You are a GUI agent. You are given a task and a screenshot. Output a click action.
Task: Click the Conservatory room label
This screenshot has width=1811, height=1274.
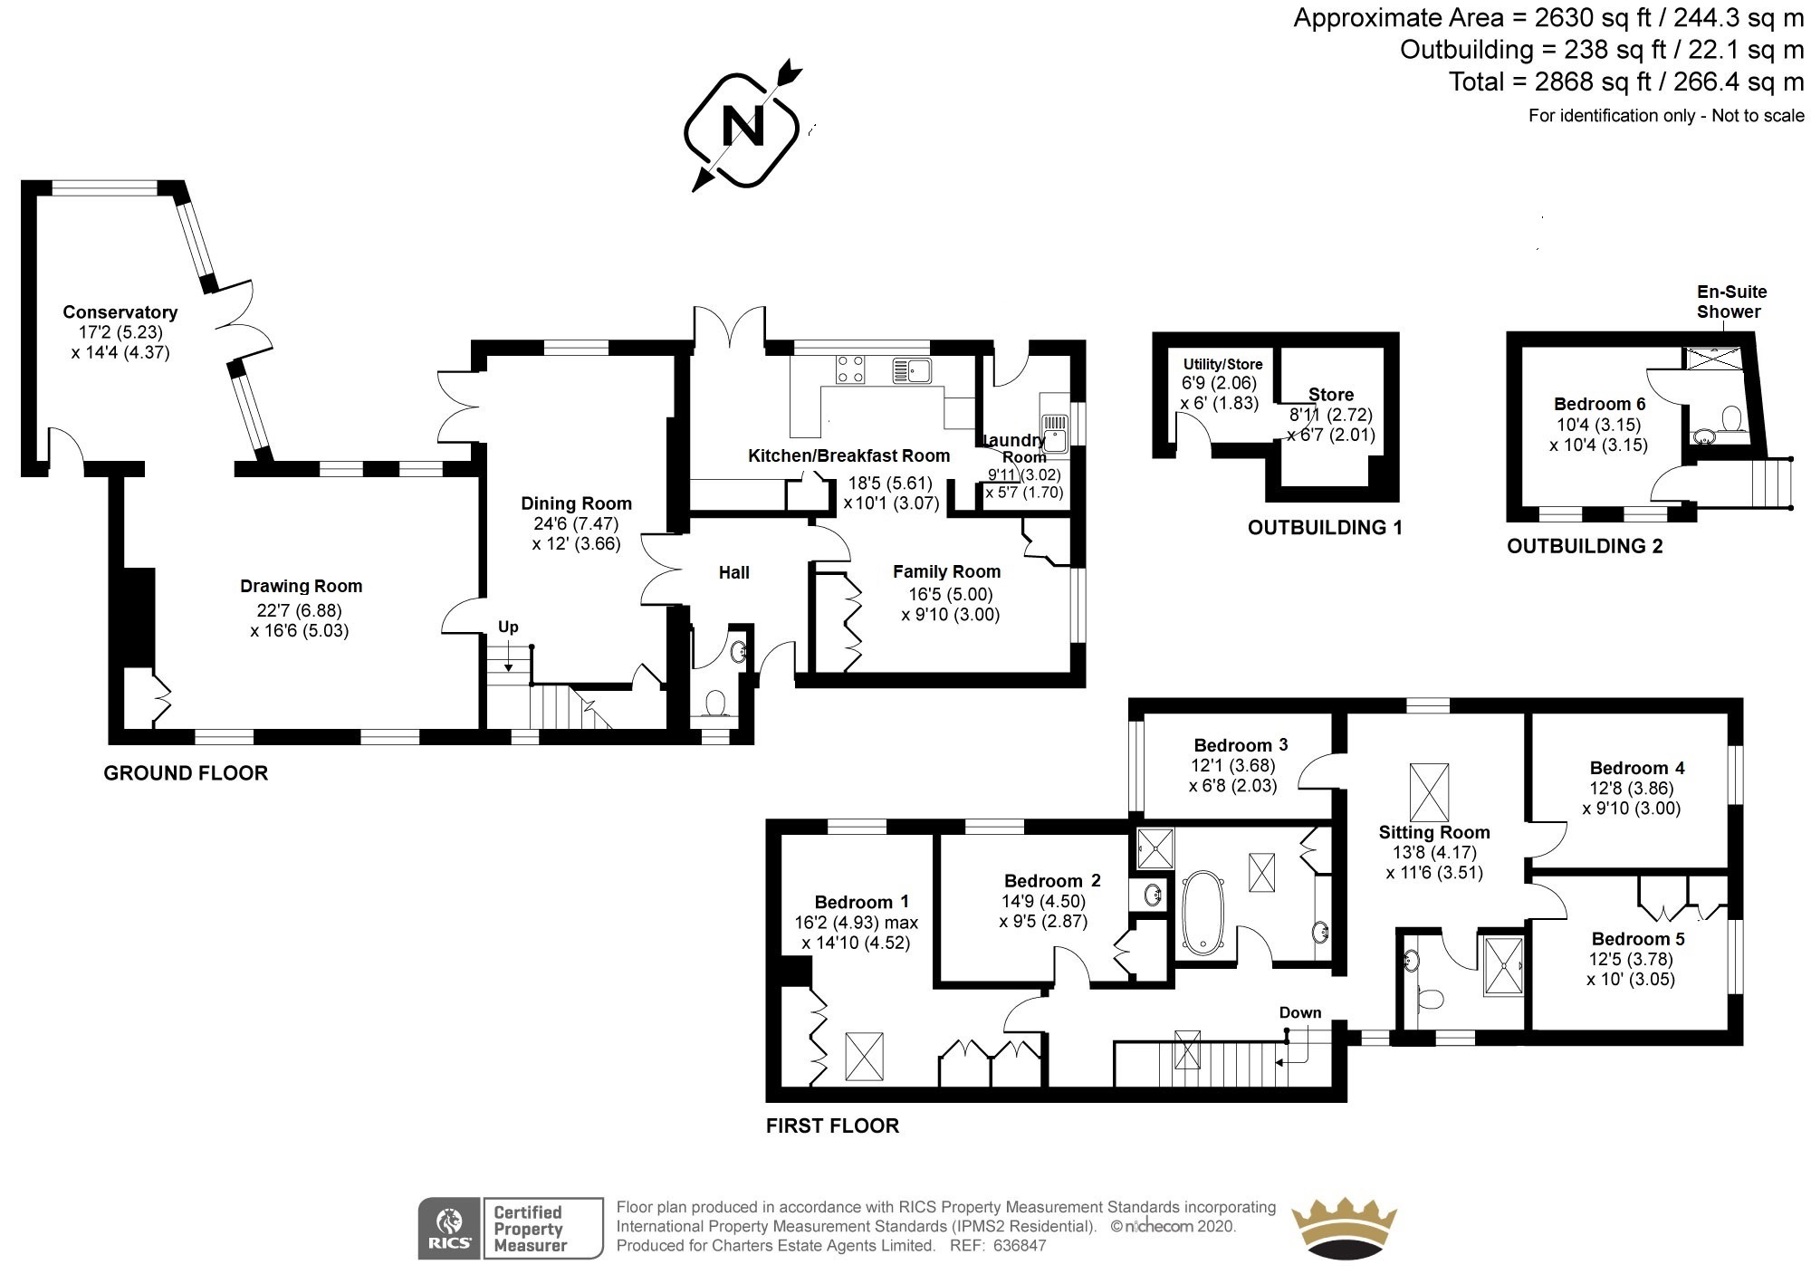120,312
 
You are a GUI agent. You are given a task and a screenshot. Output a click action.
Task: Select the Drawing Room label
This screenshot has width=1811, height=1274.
301,587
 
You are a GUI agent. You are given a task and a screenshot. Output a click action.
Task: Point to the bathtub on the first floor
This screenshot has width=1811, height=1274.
1202,912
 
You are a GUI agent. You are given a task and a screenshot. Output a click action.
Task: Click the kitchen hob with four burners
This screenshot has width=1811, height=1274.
850,369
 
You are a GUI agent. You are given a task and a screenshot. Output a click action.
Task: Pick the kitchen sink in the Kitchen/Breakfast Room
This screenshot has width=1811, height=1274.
912,369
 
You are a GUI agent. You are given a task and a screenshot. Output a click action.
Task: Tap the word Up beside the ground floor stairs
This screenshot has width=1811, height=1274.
508,627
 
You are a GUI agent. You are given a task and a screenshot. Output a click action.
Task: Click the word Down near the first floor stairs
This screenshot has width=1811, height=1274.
1300,1012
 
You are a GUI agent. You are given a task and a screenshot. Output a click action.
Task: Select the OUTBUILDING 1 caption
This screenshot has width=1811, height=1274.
1325,528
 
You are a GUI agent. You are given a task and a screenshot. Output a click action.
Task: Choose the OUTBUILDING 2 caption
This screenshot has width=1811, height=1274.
1585,546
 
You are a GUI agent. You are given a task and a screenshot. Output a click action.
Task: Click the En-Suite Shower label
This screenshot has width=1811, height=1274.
1730,302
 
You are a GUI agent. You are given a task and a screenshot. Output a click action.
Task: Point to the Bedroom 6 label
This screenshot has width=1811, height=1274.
1599,404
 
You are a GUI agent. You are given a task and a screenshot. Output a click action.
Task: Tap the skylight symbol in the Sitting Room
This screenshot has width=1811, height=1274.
1429,792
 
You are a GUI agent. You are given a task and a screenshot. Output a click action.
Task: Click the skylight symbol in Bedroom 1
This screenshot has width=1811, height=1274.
863,1056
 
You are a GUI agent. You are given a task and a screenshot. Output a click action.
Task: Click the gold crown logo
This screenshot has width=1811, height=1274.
1343,1228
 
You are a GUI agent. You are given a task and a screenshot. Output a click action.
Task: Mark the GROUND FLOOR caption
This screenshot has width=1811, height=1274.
186,773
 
